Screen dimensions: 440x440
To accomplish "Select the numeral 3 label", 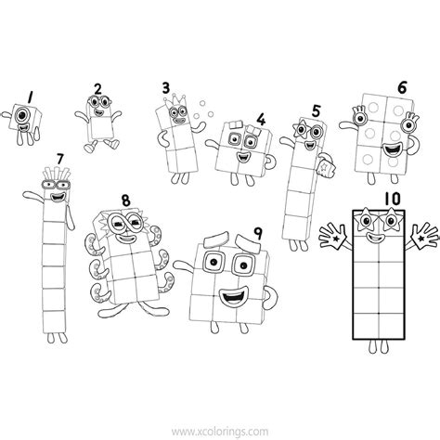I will click(x=166, y=89).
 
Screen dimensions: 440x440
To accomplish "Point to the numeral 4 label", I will click(x=261, y=119).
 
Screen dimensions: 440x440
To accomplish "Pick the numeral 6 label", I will click(x=401, y=88).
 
